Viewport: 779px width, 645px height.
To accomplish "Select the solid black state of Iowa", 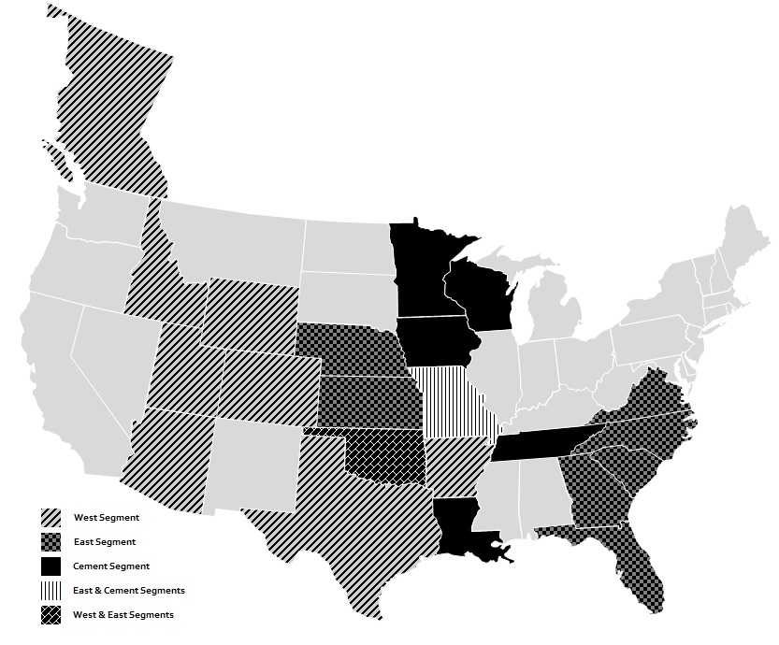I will click(x=435, y=341).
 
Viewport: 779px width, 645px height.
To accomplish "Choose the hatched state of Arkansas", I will click(x=454, y=467).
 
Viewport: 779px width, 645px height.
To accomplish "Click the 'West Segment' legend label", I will click(x=106, y=517).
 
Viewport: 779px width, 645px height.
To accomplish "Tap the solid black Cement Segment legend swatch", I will click(x=50, y=566).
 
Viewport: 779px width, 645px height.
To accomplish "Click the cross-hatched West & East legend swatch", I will click(x=50, y=614).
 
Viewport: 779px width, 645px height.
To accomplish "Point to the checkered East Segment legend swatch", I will click(x=50, y=541).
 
